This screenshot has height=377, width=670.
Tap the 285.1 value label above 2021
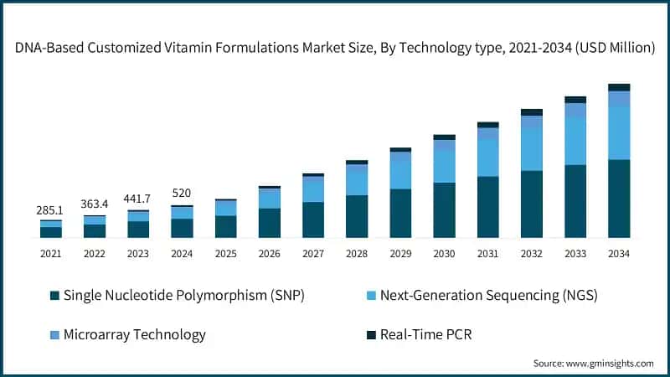[x=51, y=210]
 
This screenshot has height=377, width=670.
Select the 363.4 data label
[x=95, y=204]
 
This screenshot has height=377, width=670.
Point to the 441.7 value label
[x=138, y=199]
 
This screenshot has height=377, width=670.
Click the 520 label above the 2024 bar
[x=182, y=193]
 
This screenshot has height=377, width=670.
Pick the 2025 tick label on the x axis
[x=225, y=253]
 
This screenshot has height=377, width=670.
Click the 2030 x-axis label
[x=444, y=253]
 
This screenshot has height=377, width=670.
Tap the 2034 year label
[x=619, y=253]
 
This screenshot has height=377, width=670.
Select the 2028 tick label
[x=357, y=253]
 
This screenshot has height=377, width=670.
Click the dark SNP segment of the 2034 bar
[x=619, y=199]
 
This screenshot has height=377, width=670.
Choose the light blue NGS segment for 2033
[x=575, y=140]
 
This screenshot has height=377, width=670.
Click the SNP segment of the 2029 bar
[x=400, y=213]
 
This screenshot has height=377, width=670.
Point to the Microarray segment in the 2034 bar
[x=619, y=99]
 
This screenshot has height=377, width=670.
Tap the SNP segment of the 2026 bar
[x=270, y=223]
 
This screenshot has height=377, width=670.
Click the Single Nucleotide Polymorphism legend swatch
[x=55, y=296]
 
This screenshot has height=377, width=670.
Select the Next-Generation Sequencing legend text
[x=488, y=296]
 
